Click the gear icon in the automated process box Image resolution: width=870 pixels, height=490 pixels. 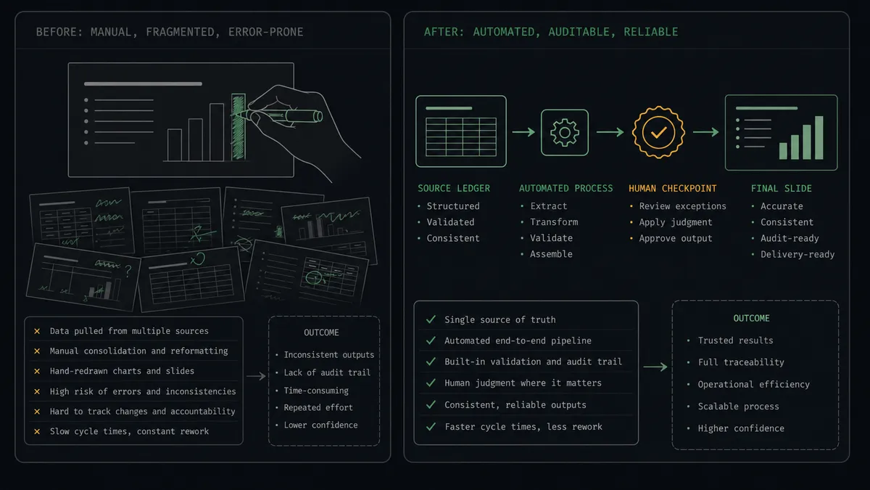[x=565, y=133]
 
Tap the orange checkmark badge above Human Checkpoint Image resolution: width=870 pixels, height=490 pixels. [x=659, y=132]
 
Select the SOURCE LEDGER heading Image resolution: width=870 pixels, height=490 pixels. [x=454, y=189]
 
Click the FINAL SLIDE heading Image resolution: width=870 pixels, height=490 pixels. [x=781, y=189]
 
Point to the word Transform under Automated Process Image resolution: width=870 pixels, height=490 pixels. [x=554, y=222]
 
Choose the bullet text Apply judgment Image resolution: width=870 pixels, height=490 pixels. [x=676, y=222]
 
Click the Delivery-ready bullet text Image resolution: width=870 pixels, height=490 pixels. [x=797, y=254]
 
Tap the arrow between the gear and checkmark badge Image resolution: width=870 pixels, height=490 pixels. [x=610, y=132]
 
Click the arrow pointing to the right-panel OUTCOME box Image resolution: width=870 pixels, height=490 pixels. [x=655, y=367]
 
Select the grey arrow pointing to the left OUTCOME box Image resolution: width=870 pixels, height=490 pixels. [x=257, y=376]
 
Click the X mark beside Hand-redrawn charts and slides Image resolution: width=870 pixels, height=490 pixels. [x=37, y=372]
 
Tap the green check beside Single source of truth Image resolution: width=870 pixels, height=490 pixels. [x=431, y=319]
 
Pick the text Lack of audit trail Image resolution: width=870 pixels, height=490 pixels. [x=327, y=372]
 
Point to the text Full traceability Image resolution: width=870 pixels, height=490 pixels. [x=741, y=362]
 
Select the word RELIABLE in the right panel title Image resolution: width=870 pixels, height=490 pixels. [x=651, y=32]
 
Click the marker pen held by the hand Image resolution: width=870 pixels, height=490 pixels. [x=279, y=115]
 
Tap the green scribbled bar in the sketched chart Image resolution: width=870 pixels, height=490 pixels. [x=238, y=127]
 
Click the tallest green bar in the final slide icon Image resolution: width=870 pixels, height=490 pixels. [x=819, y=138]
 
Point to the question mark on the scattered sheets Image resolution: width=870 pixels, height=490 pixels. [x=128, y=271]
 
